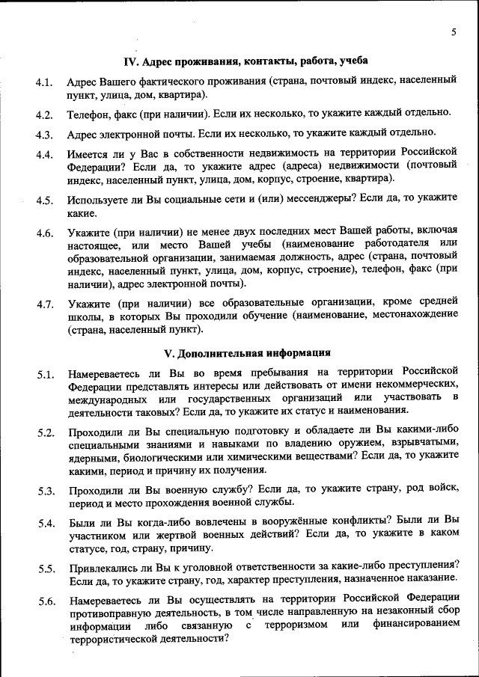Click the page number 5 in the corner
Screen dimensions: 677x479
(x=454, y=31)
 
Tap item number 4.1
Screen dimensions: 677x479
(x=43, y=82)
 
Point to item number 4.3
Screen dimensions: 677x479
(x=43, y=135)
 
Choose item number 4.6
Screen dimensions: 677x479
(x=43, y=234)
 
